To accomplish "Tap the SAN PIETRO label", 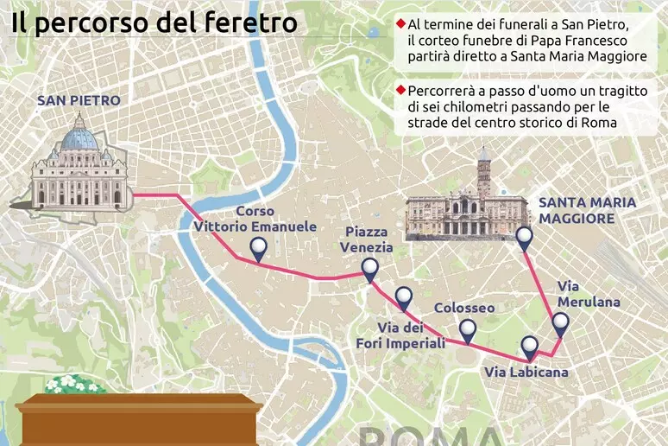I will coord(78,100).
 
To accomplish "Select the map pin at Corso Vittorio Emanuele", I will coord(258,250).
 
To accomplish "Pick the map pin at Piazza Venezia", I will coord(369,271).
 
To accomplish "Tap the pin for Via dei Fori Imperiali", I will coord(403,298).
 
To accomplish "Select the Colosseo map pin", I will coord(468,329).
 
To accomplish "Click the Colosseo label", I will coord(464,308).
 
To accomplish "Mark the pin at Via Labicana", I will coord(530,347).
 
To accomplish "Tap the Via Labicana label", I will coord(526,373).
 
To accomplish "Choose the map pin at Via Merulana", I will coord(560,324).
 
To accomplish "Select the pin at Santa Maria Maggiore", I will coord(523,238).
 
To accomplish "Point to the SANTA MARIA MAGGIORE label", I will coord(587,211).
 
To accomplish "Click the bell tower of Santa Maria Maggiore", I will coord(483,173).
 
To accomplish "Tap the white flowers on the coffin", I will coord(75,383).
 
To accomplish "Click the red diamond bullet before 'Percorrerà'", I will coord(400,90).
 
